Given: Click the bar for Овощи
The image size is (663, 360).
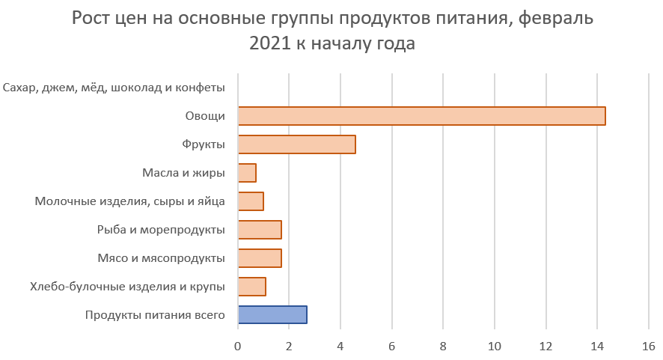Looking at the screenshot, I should click(x=421, y=116).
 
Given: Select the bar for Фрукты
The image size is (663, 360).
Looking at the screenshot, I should click(x=296, y=144).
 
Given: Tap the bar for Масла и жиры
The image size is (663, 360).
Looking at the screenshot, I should click(x=247, y=173).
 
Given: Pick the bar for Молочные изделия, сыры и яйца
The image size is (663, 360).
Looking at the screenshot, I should click(x=251, y=201).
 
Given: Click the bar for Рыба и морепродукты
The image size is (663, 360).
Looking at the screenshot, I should click(x=260, y=230).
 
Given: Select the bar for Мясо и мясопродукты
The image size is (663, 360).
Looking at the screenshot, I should click(x=260, y=258).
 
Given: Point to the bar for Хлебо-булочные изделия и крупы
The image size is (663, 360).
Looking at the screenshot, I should click(x=251, y=287).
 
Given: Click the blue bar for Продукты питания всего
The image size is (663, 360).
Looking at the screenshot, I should click(x=272, y=315).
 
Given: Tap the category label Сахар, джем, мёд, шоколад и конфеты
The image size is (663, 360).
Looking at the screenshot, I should click(x=114, y=88).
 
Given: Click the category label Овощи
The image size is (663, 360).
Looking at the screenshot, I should click(x=205, y=116).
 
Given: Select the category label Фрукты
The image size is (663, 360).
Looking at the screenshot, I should click(x=204, y=144).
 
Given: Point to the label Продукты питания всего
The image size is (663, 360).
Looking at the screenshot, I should click(x=156, y=315).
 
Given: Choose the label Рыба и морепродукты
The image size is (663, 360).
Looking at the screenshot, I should click(x=162, y=230).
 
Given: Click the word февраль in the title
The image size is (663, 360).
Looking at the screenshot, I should click(x=555, y=19).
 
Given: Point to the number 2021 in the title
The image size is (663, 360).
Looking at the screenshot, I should click(x=269, y=44).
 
